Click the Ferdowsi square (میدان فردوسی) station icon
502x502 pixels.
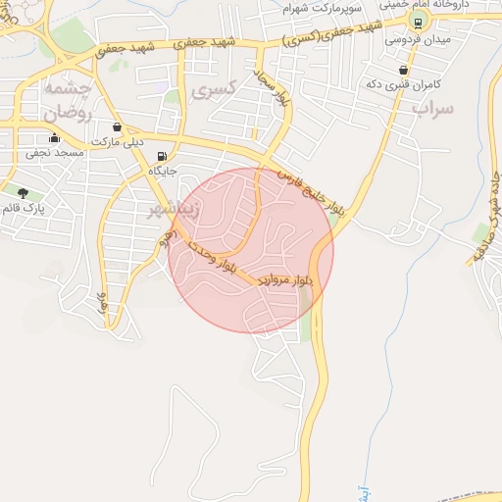point(419,23)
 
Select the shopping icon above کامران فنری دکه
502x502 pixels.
point(404,70)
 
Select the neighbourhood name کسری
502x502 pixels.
point(217,91)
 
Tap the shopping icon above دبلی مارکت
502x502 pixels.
point(118,126)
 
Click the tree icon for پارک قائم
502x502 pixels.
point(23,192)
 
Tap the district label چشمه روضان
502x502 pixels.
point(66,100)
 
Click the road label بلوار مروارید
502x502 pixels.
point(285,280)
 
